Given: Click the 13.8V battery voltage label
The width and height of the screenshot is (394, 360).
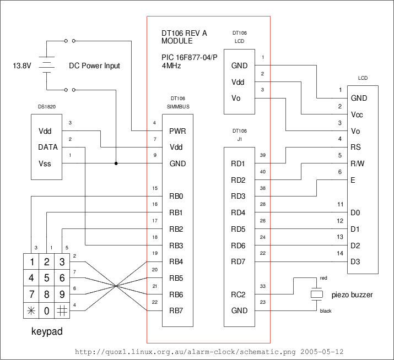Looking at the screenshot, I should (22, 66).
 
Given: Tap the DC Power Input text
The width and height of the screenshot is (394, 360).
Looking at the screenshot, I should (94, 66).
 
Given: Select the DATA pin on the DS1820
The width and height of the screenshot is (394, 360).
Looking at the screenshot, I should (48, 148).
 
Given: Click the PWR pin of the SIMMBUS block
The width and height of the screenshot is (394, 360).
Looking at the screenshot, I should (177, 132).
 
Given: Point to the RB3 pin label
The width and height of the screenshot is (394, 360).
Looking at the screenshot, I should (176, 246).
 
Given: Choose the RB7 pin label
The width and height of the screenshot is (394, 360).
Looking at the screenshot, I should (176, 310).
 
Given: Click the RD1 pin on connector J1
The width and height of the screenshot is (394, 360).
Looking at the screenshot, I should (238, 164).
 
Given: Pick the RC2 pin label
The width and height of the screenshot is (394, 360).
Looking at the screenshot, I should (238, 294).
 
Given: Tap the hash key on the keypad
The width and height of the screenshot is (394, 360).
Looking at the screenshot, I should (63, 310).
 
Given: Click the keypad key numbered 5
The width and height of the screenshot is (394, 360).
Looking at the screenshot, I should (47, 278).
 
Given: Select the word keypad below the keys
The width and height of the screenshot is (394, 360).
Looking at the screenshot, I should (47, 332).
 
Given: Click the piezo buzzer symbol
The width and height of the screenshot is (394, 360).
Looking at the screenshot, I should (316, 294).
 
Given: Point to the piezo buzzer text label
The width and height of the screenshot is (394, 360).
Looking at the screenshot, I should (352, 295).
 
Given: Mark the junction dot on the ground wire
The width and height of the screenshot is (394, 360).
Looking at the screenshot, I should (116, 163).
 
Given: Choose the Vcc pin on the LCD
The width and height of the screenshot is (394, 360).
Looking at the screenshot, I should (357, 115).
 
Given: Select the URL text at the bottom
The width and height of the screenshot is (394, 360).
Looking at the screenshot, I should (209, 351).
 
